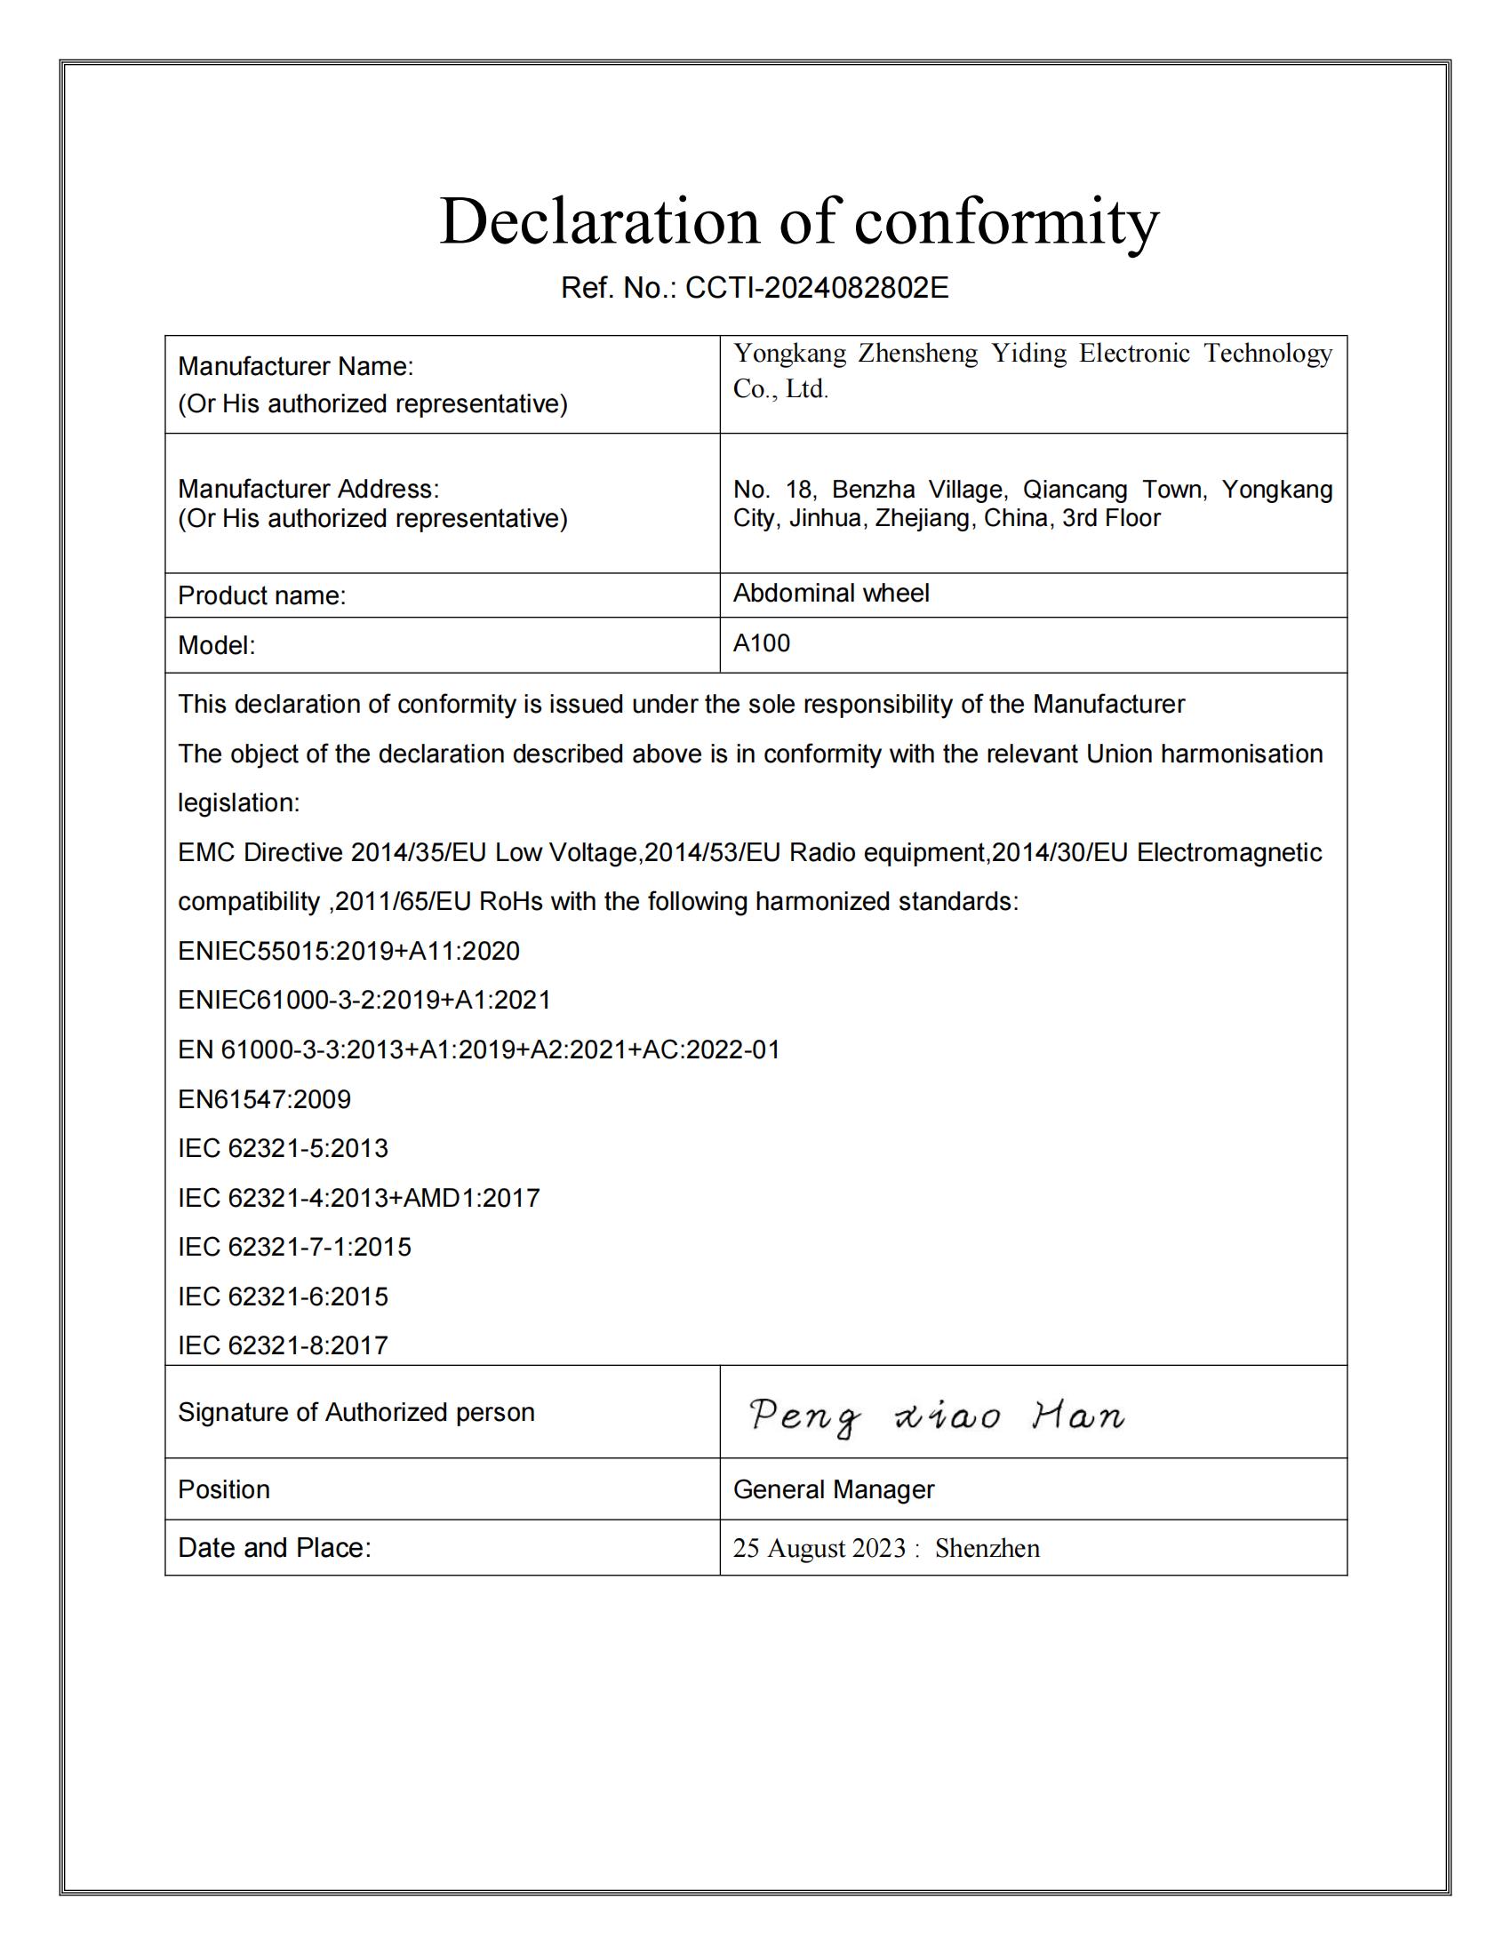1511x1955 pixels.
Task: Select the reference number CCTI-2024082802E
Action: coord(816,288)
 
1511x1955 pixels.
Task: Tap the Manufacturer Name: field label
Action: coord(295,366)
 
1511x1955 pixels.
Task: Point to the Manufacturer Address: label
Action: coord(308,489)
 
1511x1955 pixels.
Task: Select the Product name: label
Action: coord(261,595)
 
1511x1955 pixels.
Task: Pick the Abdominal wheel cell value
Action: coord(831,593)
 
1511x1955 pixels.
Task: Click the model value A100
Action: coord(761,642)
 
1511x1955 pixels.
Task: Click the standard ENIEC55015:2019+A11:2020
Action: coord(348,951)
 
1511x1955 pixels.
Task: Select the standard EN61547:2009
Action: coord(264,1099)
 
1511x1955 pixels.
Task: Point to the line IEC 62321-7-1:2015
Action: coord(294,1247)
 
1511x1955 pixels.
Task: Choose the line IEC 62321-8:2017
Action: coord(283,1345)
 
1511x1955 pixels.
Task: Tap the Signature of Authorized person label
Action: coord(356,1413)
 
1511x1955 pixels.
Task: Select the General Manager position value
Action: coord(834,1489)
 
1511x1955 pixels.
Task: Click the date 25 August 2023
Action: coord(819,1549)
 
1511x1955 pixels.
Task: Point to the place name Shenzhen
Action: coord(987,1549)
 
